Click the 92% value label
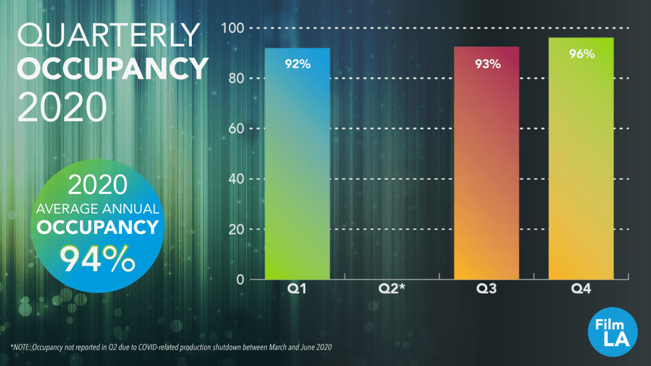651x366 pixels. [298, 64]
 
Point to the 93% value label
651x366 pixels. [488, 64]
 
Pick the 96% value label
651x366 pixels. [582, 54]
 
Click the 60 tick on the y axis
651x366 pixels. [235, 129]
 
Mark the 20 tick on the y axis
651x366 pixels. [235, 229]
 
